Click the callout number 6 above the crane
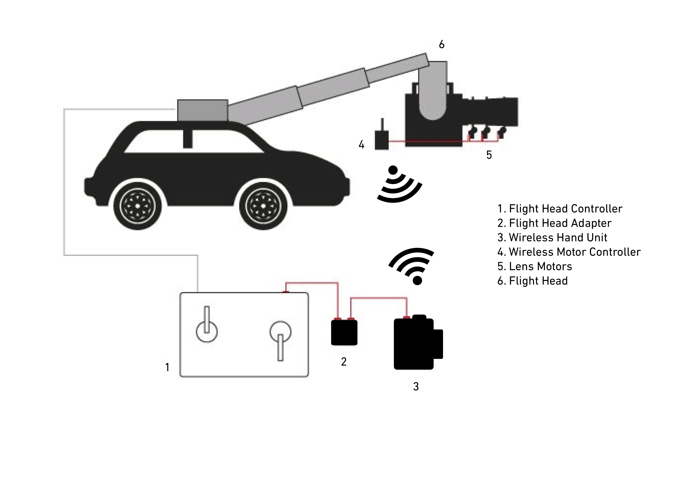442,45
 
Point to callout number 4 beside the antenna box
361,145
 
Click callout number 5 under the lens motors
489,155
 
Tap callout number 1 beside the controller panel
167,367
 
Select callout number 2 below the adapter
344,362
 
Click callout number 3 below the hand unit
416,387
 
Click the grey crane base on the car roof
203,110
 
